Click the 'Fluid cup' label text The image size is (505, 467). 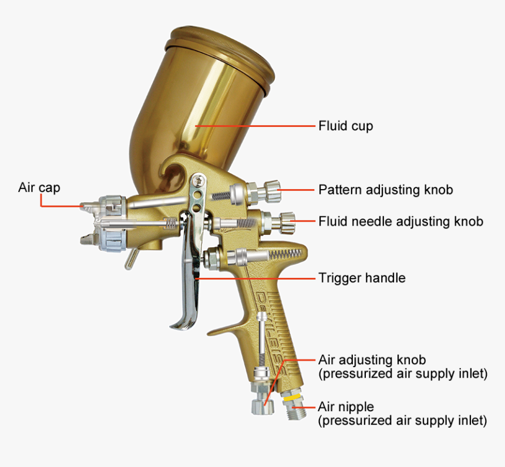coord(345,126)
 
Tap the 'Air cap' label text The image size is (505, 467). coord(39,188)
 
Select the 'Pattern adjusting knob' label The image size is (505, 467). coord(385,190)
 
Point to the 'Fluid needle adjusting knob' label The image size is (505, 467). coord(400,221)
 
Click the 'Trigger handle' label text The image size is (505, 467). coord(362,277)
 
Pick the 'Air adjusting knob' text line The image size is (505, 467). coord(372,360)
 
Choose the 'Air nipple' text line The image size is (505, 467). coord(346,406)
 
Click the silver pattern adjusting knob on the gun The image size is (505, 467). coord(271,189)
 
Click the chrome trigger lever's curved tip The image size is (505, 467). coord(180,324)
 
